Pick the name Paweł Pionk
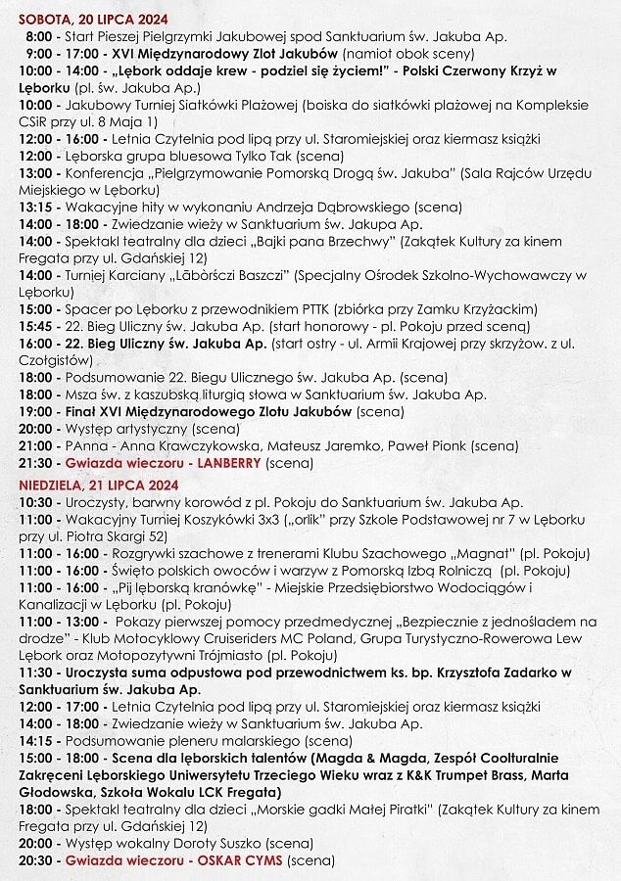pos(425,445)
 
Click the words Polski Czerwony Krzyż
pos(470,71)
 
